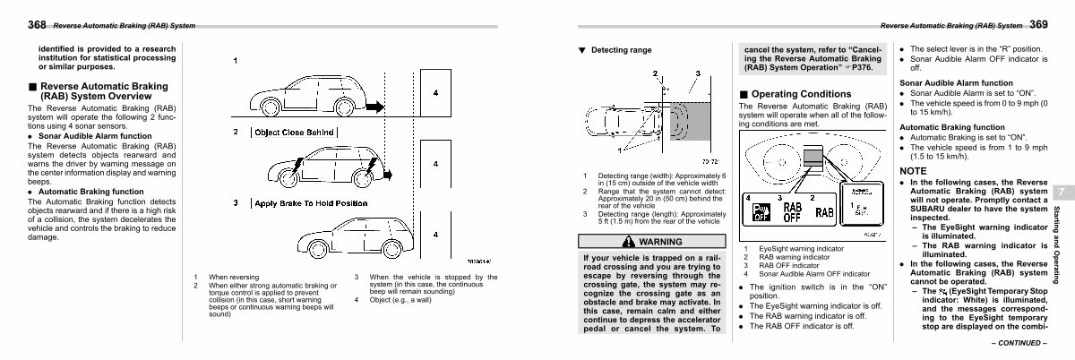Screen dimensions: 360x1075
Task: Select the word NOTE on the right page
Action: pyautogui.click(x=914, y=170)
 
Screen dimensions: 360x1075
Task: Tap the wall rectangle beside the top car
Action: pyautogui.click(x=435, y=93)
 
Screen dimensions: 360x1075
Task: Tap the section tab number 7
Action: pyautogui.click(x=1061, y=193)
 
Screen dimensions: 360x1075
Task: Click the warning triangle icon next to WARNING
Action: pyautogui.click(x=627, y=242)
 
